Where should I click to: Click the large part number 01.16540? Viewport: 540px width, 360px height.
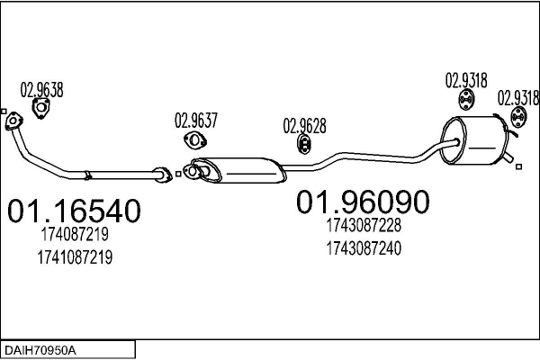tap(74, 211)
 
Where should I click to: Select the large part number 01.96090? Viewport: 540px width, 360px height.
tap(363, 202)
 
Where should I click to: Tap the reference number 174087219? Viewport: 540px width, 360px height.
tap(75, 234)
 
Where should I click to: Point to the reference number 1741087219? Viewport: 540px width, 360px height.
tap(75, 257)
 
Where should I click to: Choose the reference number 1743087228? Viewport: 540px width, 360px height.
tap(364, 225)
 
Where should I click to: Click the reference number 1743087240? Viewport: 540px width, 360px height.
tap(364, 248)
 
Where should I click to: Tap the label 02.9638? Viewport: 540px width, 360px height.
tap(41, 90)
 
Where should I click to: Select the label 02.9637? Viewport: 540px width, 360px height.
tap(196, 121)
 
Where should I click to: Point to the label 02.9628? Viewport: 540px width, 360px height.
tap(304, 126)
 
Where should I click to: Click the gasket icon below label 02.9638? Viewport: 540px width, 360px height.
tap(41, 108)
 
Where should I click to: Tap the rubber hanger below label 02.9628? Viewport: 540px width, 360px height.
tap(304, 144)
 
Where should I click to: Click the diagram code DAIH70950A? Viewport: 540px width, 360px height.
tap(40, 351)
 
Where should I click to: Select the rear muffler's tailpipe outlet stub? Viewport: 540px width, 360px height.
tap(508, 157)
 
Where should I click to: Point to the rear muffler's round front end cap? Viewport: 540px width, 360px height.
tap(454, 140)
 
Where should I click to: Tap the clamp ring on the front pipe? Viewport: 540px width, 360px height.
tap(88, 175)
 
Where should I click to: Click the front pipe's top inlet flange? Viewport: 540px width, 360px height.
tap(13, 121)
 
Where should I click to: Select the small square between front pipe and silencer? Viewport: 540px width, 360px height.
tap(178, 174)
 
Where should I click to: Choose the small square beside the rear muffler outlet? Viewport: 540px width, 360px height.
tap(518, 166)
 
